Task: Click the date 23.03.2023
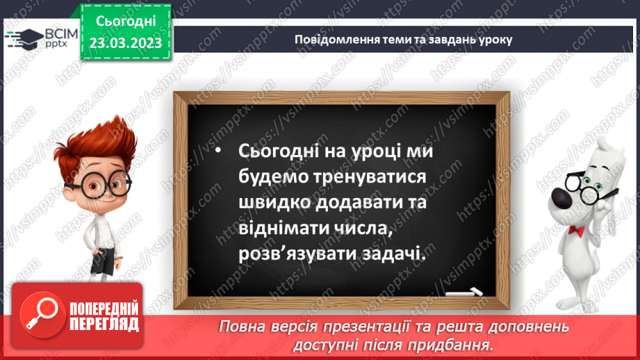pos(125,43)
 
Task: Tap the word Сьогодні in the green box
pos(125,21)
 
